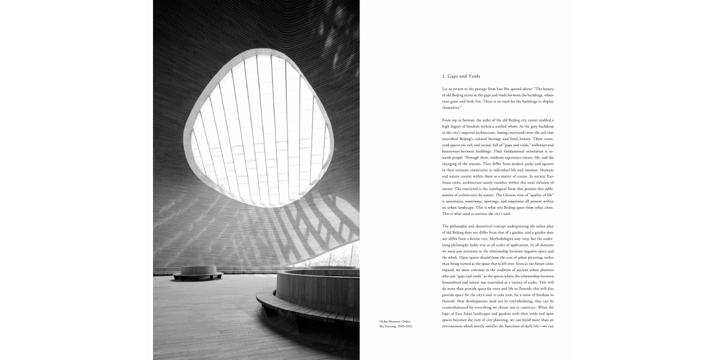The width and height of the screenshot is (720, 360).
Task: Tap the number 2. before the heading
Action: click(x=444, y=76)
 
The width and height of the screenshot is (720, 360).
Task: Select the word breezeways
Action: click(x=451, y=151)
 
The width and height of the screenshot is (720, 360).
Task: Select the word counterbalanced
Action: click(x=456, y=307)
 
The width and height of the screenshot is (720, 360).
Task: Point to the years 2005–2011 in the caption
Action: click(x=404, y=326)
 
